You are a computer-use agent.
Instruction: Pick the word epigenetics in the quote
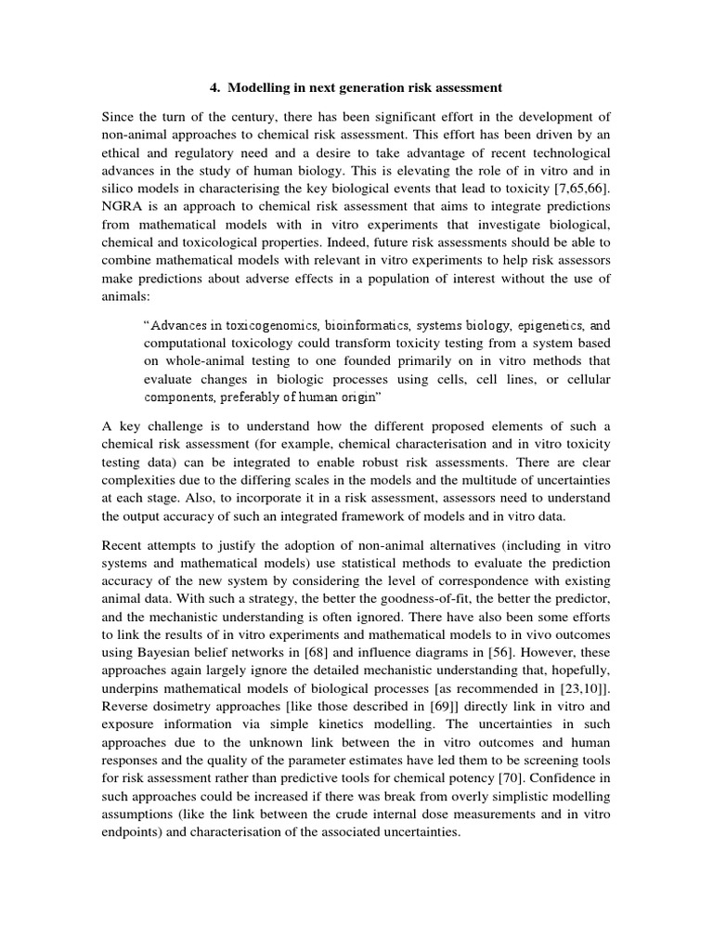(543, 326)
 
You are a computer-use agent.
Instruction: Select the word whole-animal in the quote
(201, 361)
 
